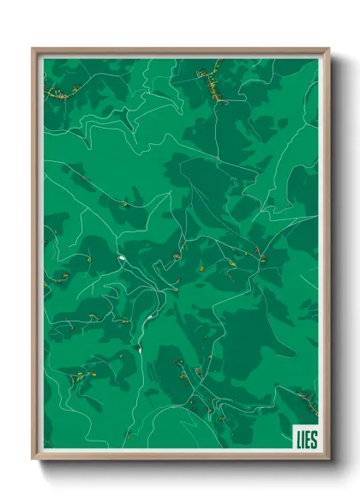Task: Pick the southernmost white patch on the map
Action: tap(136, 349)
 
